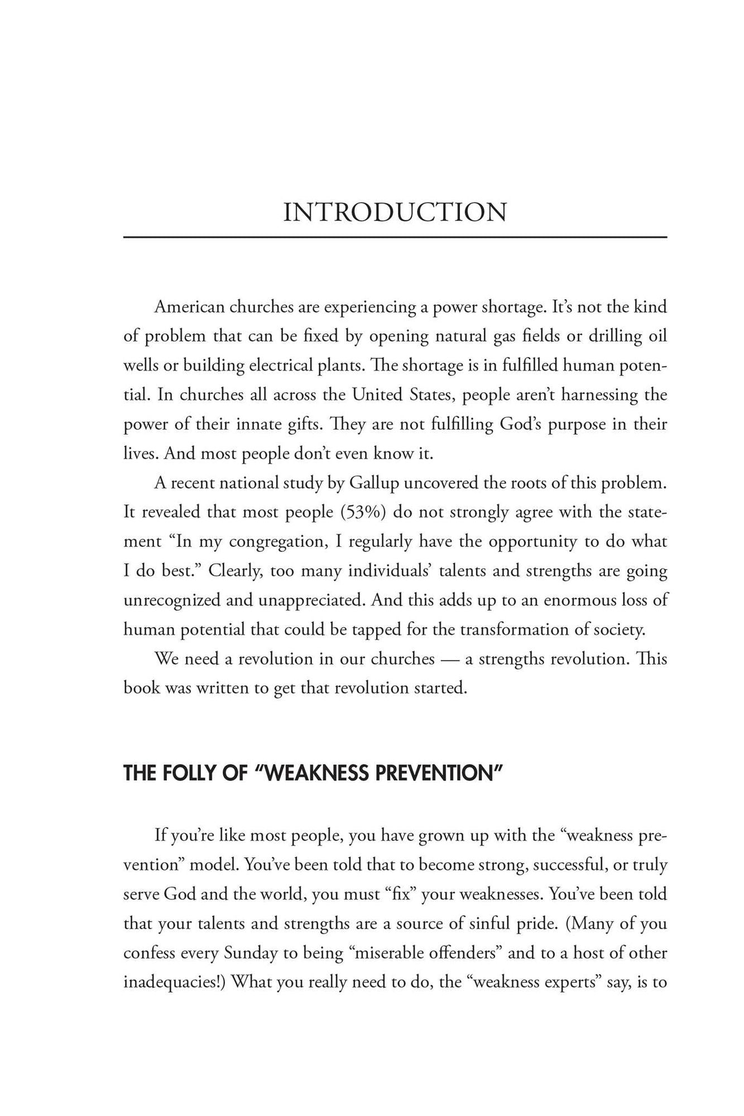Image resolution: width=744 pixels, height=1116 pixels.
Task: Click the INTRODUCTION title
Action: [x=395, y=213]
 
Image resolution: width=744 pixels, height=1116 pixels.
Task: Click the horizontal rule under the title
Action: [x=395, y=238]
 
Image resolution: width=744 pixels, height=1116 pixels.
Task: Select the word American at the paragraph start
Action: [x=189, y=307]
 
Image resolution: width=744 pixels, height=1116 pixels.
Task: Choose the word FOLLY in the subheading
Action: [x=184, y=773]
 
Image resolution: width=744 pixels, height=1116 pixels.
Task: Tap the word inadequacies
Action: [x=170, y=982]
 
